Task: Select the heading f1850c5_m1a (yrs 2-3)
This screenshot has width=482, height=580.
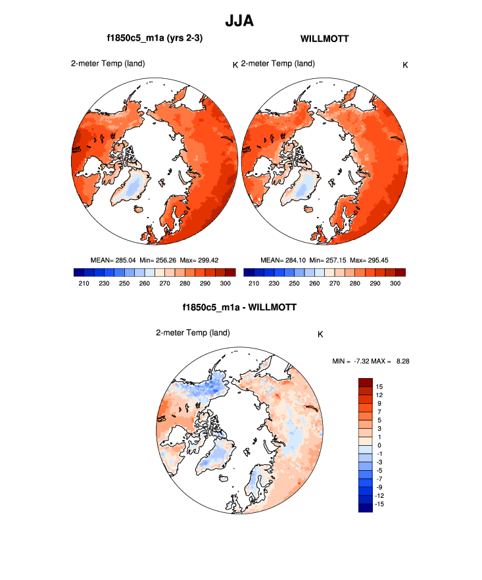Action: tap(155, 39)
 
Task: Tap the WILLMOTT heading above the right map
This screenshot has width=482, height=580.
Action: tap(324, 39)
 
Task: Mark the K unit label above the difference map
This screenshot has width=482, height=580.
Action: tap(320, 334)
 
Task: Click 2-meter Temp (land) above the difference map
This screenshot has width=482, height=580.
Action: tap(193, 333)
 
